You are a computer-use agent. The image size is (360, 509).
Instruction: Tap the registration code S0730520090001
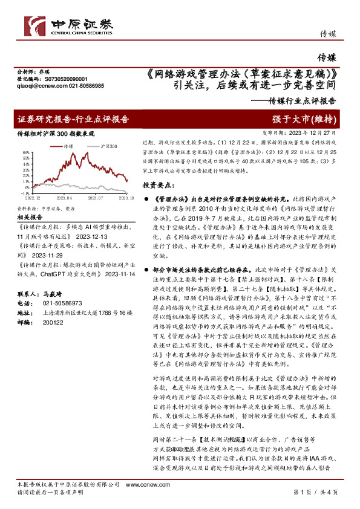coord(66,79)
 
